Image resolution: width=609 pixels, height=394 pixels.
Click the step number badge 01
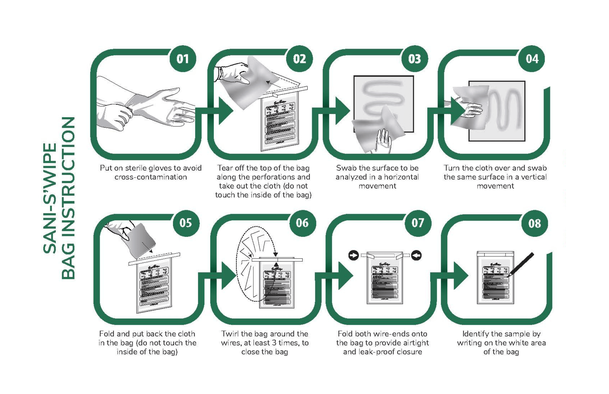click(183, 59)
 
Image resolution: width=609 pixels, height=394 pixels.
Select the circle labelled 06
click(302, 223)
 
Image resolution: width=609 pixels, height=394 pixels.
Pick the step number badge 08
click(534, 223)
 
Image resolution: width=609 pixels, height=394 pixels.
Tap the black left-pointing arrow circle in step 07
click(416, 255)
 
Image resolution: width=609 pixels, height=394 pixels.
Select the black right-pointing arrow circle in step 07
click(354, 255)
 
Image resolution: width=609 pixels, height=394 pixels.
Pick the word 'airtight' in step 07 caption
click(415, 343)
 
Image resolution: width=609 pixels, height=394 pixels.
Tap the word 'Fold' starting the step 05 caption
click(107, 334)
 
